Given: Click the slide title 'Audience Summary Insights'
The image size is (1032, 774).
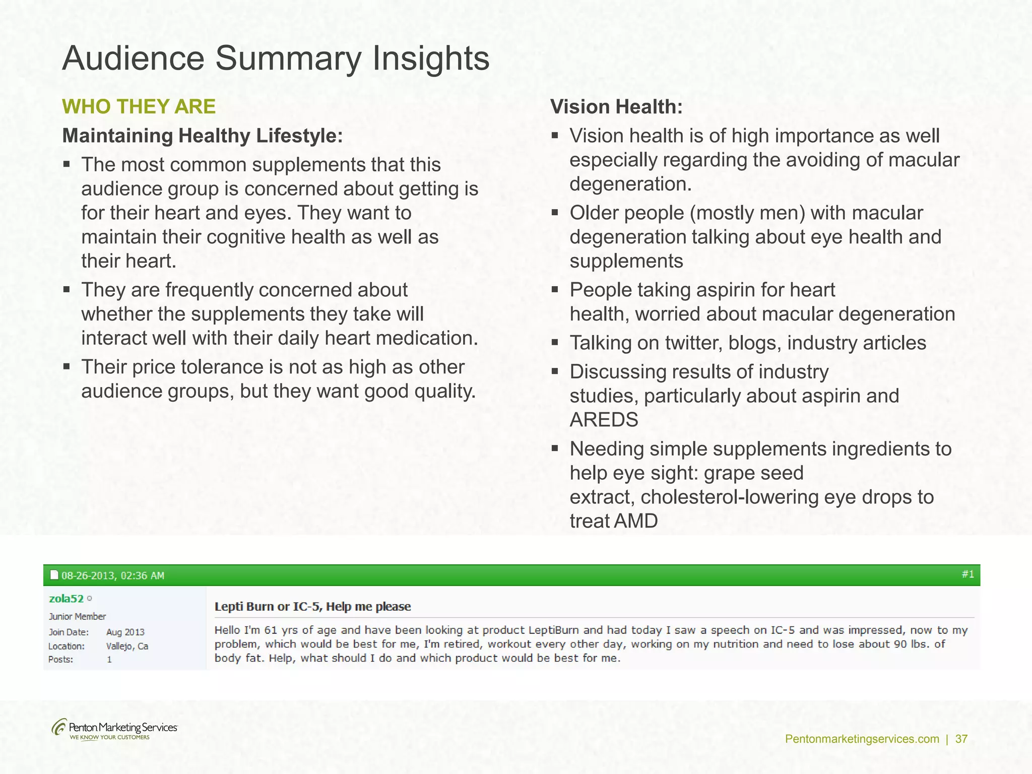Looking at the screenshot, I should point(276,58).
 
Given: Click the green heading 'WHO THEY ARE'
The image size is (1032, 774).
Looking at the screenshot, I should point(139,107).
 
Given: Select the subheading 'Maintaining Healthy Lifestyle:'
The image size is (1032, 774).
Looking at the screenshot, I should point(202,136).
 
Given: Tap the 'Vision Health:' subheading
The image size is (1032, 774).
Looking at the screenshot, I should point(616,107).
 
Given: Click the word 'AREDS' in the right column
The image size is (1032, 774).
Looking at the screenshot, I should point(604,420).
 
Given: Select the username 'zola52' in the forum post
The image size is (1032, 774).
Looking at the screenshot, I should point(66,599).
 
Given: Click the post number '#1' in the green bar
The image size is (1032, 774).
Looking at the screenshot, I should point(967,574).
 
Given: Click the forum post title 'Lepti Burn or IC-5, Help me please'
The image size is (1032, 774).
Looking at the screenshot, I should point(312,607).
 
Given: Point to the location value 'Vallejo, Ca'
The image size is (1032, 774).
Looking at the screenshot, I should point(127,646).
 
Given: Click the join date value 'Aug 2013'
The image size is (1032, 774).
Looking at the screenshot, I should point(125,632).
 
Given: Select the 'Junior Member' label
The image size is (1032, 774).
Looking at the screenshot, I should point(77,616).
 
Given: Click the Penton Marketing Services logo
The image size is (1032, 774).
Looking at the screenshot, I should point(114,729).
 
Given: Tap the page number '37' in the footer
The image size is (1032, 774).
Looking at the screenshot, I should point(961,739).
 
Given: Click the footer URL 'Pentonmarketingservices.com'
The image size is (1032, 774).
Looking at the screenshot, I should point(862,739).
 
